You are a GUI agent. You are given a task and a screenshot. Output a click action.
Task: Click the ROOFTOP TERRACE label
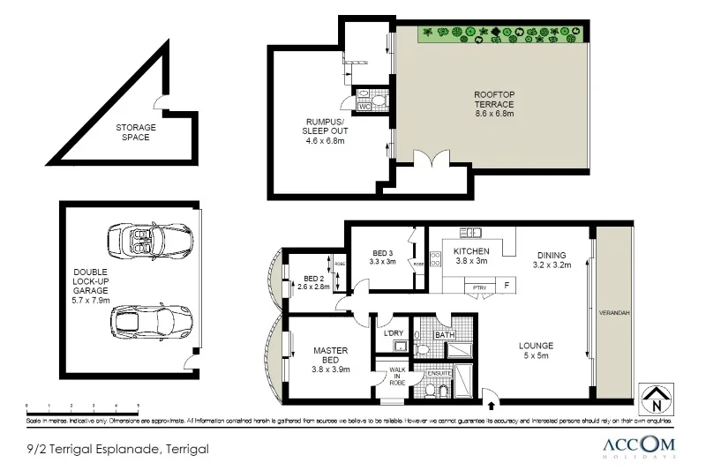pos(493,104)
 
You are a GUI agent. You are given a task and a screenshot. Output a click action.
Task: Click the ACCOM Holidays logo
pos(640,447)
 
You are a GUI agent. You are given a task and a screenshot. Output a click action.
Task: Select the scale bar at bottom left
pos(83,407)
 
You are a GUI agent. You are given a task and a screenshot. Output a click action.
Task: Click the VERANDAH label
pos(613,313)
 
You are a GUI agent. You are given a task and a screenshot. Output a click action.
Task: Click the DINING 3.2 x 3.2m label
pos(552,258)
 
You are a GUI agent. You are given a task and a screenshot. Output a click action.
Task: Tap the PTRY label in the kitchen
pos(479,287)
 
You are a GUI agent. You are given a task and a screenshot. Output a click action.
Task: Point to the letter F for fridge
pos(507,286)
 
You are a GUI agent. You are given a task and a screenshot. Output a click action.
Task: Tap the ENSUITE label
pos(439,373)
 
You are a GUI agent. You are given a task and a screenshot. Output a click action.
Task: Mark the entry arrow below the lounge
pos(491,404)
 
